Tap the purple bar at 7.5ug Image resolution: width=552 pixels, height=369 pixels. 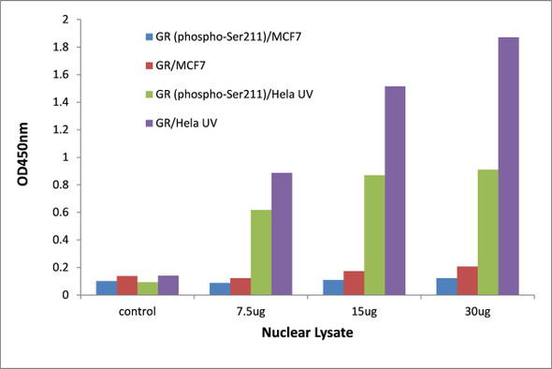tap(282, 234)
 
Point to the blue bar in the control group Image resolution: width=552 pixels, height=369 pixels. tap(106, 288)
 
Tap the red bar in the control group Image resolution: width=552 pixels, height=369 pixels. tap(126, 286)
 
